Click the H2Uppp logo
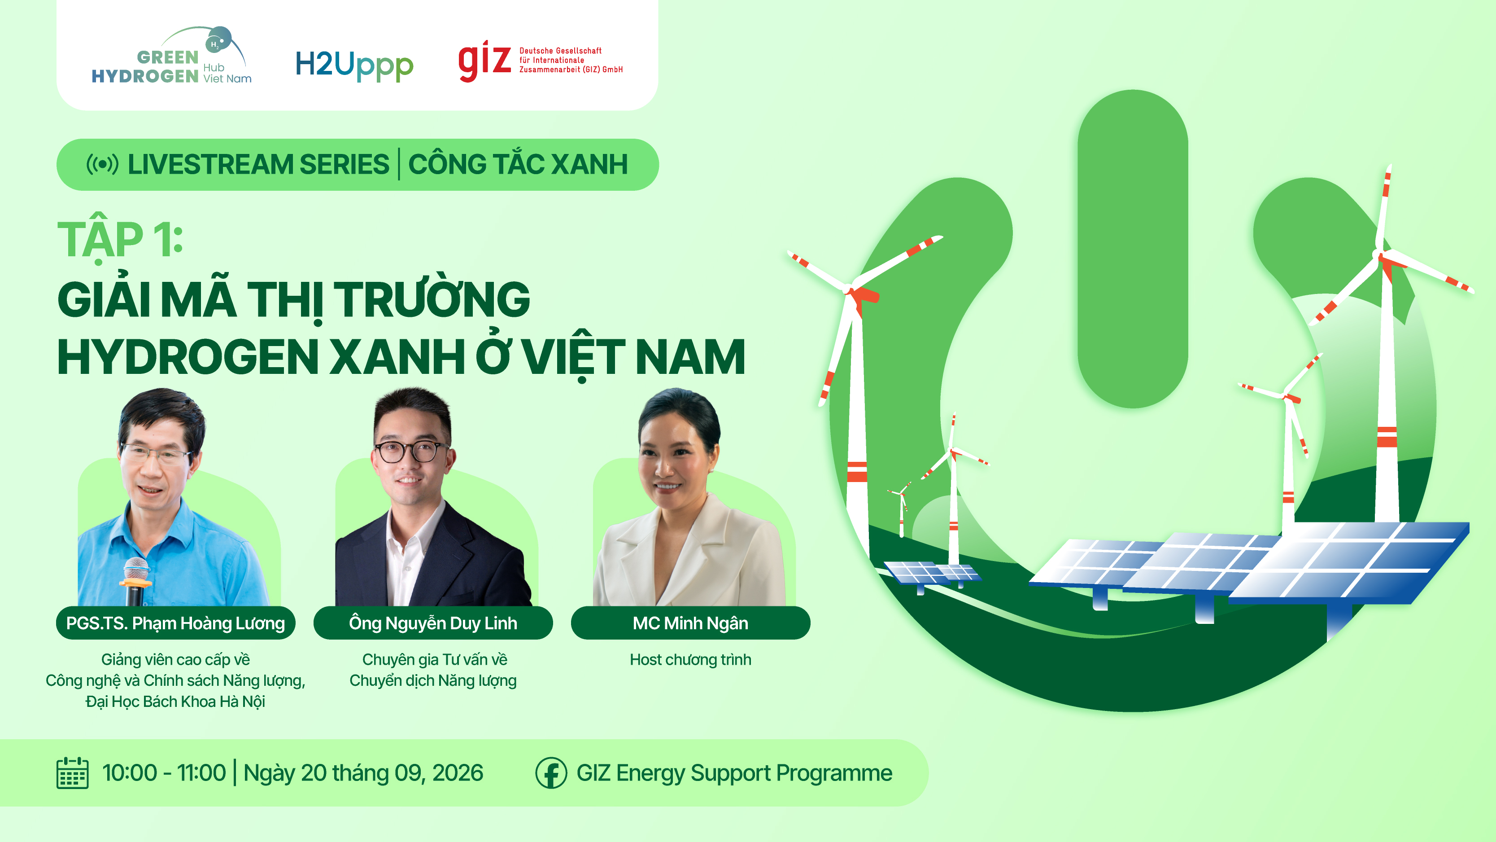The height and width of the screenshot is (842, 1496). click(354, 65)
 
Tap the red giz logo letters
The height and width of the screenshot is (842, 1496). click(485, 61)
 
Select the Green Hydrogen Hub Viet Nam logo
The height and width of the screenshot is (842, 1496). click(172, 56)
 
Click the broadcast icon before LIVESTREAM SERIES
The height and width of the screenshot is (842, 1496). click(102, 164)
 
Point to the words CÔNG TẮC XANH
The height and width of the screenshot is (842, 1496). click(518, 164)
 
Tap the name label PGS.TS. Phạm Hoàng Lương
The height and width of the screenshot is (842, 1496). click(175, 623)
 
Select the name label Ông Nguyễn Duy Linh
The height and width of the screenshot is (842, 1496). click(433, 623)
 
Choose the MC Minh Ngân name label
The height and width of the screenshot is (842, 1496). click(690, 623)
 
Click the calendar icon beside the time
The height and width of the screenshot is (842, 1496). click(73, 773)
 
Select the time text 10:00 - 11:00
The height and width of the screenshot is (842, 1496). click(164, 773)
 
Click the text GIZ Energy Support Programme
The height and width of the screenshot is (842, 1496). click(734, 773)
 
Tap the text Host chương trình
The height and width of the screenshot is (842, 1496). click(690, 659)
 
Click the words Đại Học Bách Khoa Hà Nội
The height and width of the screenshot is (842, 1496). click(175, 702)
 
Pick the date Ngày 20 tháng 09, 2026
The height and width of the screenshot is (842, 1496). click(363, 773)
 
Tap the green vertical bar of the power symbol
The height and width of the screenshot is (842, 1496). click(1133, 249)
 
